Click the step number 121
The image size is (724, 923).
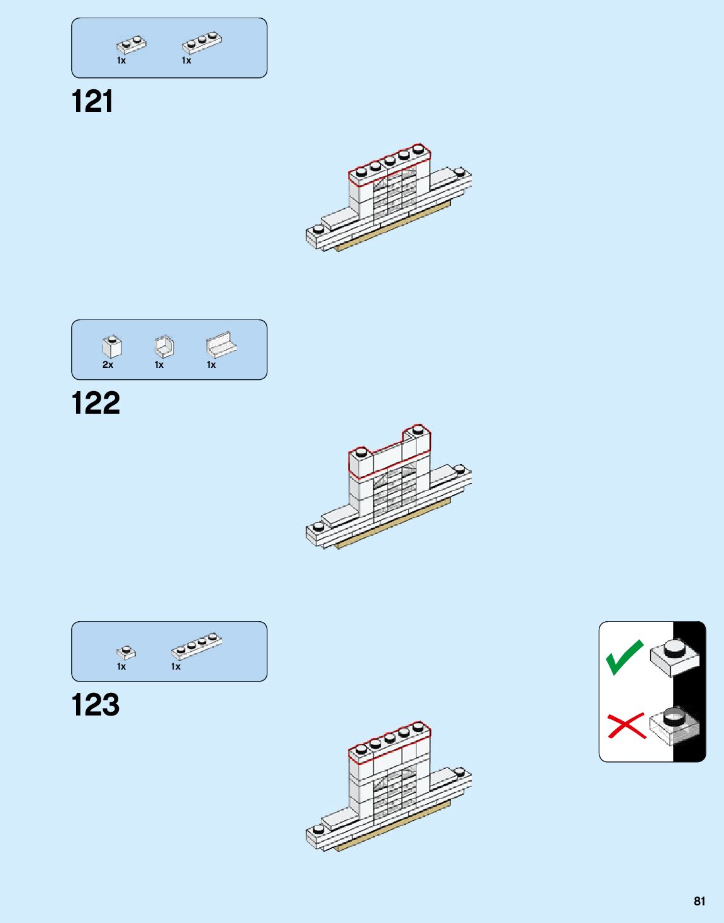(x=92, y=101)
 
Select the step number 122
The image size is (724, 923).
(x=96, y=403)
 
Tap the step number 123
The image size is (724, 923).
(x=96, y=705)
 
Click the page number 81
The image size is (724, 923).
(x=699, y=901)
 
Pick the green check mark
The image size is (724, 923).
(x=624, y=657)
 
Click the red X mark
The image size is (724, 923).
(x=626, y=726)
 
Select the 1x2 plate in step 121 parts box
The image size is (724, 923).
(x=131, y=45)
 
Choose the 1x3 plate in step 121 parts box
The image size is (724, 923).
(x=202, y=42)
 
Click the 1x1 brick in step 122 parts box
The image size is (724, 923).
(x=112, y=346)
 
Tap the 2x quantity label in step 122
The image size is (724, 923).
(x=108, y=365)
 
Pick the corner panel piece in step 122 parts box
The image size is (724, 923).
(x=164, y=346)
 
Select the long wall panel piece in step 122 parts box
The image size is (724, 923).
(x=221, y=345)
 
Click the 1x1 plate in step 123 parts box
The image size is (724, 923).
(x=126, y=652)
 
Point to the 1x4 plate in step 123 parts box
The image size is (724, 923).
(x=197, y=646)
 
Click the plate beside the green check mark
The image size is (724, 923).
(x=674, y=657)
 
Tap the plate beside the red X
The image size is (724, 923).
(x=674, y=726)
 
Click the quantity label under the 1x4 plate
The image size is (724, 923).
(x=176, y=666)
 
